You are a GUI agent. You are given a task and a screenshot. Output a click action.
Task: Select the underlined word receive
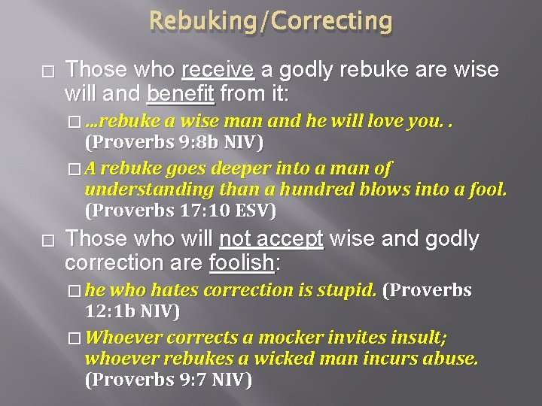(218, 70)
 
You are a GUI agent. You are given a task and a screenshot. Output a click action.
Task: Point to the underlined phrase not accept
(270, 239)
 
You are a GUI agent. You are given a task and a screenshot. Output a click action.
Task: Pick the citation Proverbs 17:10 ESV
(181, 210)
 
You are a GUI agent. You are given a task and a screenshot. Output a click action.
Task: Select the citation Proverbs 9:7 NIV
(168, 380)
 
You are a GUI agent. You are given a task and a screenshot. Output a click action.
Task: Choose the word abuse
(452, 359)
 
